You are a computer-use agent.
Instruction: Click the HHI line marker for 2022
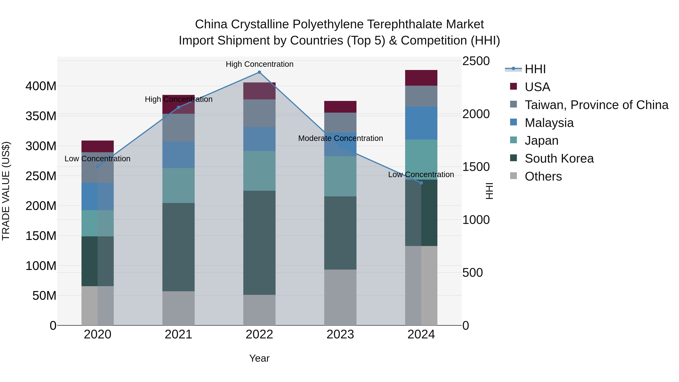[x=259, y=72]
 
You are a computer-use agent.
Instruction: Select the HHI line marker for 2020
[x=98, y=167]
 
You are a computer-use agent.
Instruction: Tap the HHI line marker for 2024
[x=421, y=183]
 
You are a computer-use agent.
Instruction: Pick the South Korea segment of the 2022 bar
[x=259, y=243]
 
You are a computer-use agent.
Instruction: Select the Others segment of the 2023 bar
[x=340, y=297]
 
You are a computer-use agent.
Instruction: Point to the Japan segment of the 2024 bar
[x=421, y=159]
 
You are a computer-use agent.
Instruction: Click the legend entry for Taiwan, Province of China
[x=596, y=105]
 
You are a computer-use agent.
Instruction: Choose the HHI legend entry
[x=535, y=69]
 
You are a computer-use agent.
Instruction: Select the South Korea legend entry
[x=559, y=158]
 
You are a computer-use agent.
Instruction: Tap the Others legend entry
[x=543, y=176]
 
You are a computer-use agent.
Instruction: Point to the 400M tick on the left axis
[x=41, y=86]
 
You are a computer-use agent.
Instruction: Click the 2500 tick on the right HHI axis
[x=476, y=61]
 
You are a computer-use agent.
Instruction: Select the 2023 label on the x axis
[x=340, y=334]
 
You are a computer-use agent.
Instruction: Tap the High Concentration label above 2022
[x=259, y=64]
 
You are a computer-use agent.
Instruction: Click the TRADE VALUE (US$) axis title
[x=6, y=191]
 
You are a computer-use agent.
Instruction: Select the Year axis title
[x=259, y=358]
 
